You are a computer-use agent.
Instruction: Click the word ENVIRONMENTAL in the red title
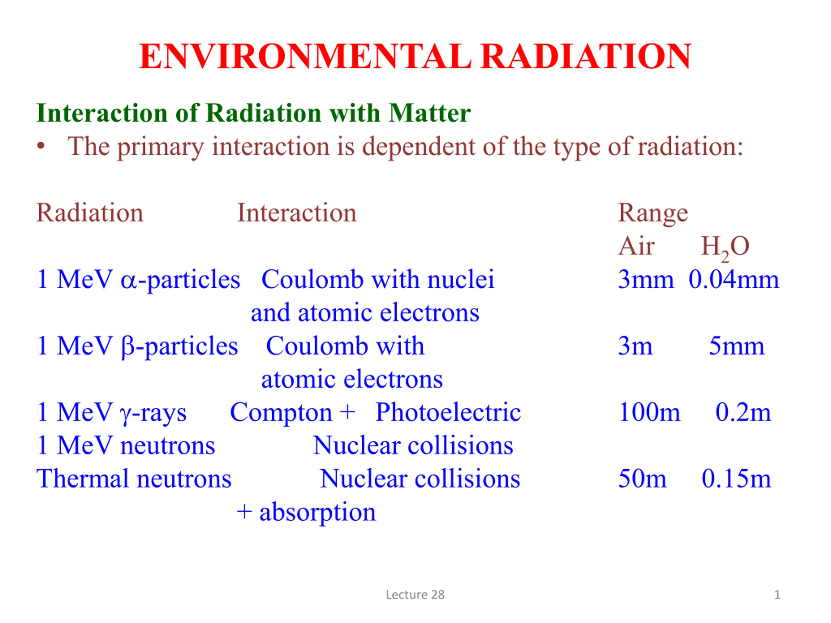pyautogui.click(x=305, y=56)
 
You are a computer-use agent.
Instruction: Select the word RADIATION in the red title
pyautogui.click(x=586, y=56)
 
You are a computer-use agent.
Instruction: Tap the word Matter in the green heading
pyautogui.click(x=429, y=113)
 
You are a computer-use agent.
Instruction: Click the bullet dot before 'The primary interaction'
pyautogui.click(x=41, y=146)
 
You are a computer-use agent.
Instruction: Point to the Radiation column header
pyautogui.click(x=90, y=213)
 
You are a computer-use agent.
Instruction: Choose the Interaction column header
pyautogui.click(x=297, y=213)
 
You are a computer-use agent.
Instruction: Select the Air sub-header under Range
pyautogui.click(x=637, y=246)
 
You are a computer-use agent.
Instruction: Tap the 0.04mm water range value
pyautogui.click(x=734, y=279)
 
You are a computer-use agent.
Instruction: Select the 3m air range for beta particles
pyautogui.click(x=635, y=346)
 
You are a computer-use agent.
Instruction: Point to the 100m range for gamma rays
pyautogui.click(x=650, y=412)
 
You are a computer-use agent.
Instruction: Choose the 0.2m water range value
pyautogui.click(x=743, y=412)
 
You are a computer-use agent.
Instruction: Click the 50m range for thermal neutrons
pyautogui.click(x=642, y=479)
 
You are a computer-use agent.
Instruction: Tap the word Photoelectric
pyautogui.click(x=448, y=412)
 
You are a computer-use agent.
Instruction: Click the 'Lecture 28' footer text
pyautogui.click(x=415, y=595)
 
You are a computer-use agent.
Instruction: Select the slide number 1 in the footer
pyautogui.click(x=778, y=595)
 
